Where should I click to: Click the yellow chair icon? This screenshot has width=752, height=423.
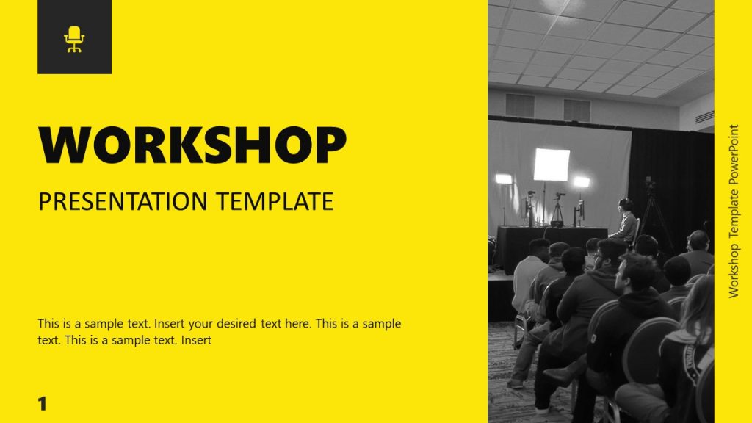click(x=74, y=39)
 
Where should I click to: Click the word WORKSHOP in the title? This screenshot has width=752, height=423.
click(x=192, y=145)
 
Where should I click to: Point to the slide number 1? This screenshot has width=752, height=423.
click(x=42, y=403)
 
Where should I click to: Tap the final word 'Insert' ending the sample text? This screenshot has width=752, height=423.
click(x=196, y=340)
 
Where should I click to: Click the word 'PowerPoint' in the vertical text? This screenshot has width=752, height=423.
click(x=733, y=156)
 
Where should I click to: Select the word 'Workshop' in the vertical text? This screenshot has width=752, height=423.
click(x=733, y=271)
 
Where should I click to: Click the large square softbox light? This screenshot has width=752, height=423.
click(x=552, y=164)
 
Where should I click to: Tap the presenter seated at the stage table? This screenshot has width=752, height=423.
click(x=626, y=220)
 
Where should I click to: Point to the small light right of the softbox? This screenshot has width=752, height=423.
click(x=582, y=181)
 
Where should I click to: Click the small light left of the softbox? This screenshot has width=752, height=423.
click(x=504, y=178)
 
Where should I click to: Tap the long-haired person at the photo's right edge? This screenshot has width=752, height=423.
click(x=690, y=345)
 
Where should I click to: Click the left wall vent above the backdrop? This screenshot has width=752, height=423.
click(x=520, y=105)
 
